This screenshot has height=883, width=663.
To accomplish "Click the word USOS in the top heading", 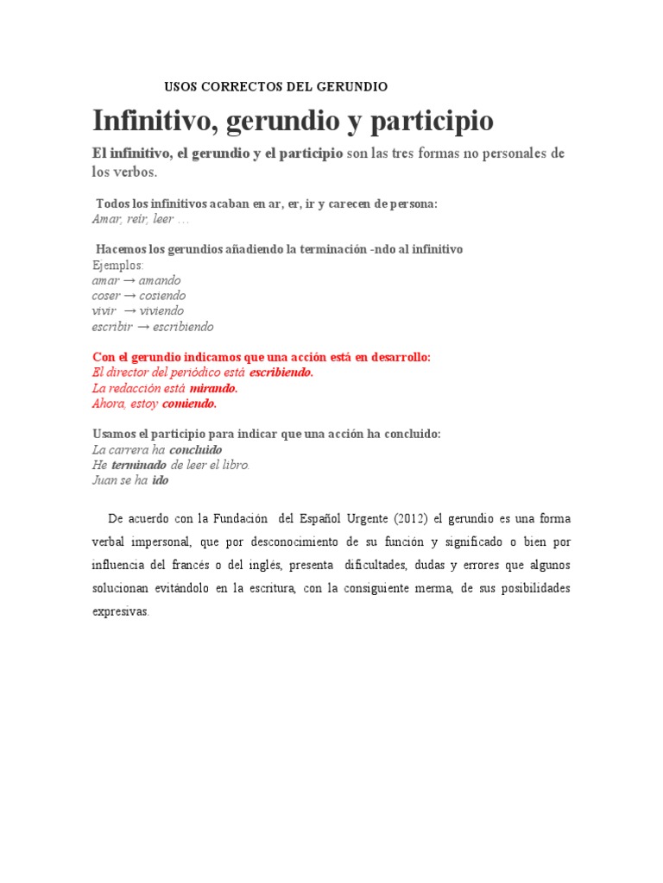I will tap(182, 87).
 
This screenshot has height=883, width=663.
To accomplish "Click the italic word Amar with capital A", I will tap(106, 219).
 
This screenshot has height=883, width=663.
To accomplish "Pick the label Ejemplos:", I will tap(117, 265).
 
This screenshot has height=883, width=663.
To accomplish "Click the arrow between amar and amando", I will tap(129, 280).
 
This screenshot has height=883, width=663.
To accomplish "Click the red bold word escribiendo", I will tap(281, 373).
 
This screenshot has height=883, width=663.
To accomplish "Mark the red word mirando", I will tap(213, 388).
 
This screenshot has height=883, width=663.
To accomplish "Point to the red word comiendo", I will tap(190, 404).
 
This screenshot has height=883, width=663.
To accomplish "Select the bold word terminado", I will tap(139, 465).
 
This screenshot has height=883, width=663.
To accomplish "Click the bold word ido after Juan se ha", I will tap(161, 480).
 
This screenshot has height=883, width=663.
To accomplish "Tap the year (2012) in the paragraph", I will tap(412, 519).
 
